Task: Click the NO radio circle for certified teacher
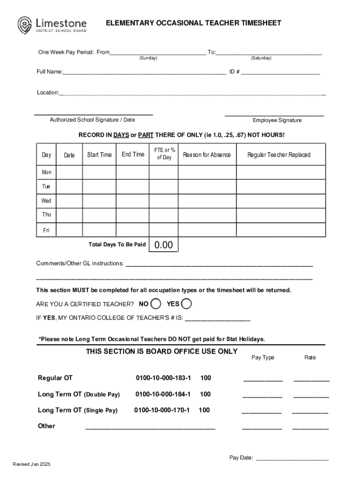157,304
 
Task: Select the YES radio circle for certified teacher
186,304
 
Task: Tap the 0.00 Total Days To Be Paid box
163,245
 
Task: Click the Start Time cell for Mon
99,173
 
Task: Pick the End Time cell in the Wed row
132,201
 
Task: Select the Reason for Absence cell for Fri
207,230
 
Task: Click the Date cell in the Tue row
69,187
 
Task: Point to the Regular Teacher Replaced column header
279,155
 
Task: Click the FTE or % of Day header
164,154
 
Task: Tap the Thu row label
47,215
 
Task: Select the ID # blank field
280,73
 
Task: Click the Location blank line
192,93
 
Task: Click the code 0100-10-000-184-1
163,394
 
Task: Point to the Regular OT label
55,378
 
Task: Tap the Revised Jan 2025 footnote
31,464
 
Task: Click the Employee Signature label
277,120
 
